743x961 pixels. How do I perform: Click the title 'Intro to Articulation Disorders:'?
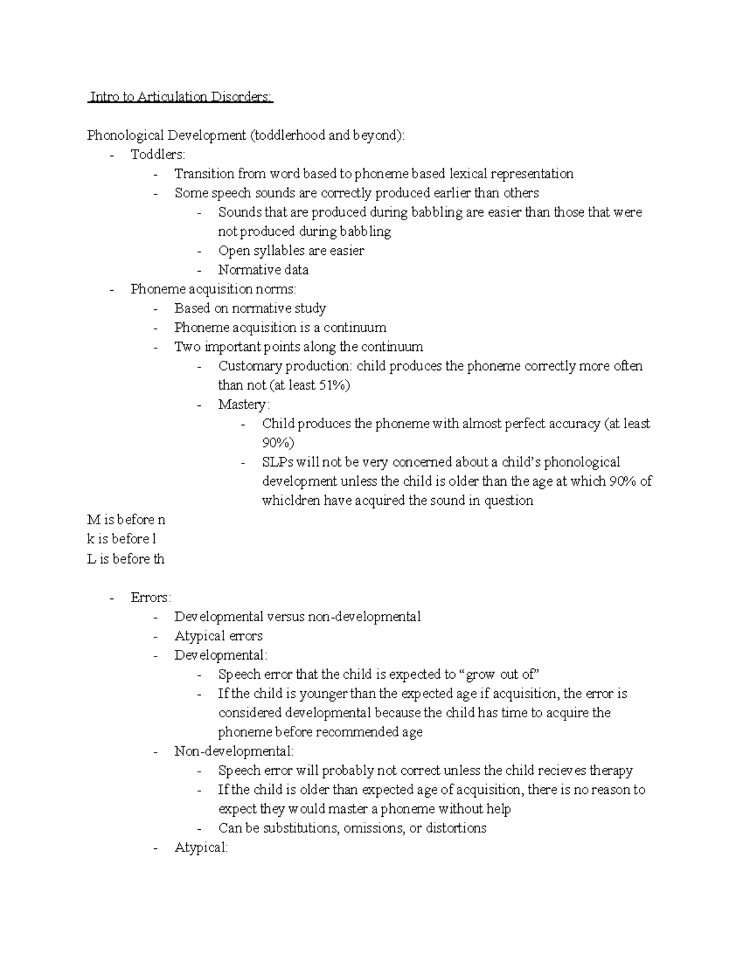[x=180, y=97]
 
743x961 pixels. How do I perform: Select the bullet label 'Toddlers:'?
[x=158, y=155]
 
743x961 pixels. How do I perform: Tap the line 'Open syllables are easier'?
[x=291, y=251]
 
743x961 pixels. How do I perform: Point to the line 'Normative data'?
[x=263, y=270]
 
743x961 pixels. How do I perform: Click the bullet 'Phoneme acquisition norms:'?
[x=214, y=289]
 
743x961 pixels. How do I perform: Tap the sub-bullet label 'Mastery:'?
[x=244, y=405]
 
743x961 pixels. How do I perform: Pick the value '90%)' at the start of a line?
[x=278, y=443]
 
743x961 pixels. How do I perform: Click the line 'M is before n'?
[x=126, y=520]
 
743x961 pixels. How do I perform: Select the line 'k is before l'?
[x=122, y=539]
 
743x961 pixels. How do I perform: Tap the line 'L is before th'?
[x=126, y=559]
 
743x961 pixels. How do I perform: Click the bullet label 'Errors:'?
[x=151, y=598]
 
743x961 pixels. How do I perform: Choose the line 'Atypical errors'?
[x=219, y=636]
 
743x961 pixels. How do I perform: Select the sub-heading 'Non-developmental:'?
[x=234, y=751]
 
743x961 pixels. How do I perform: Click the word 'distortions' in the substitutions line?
[x=456, y=828]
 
